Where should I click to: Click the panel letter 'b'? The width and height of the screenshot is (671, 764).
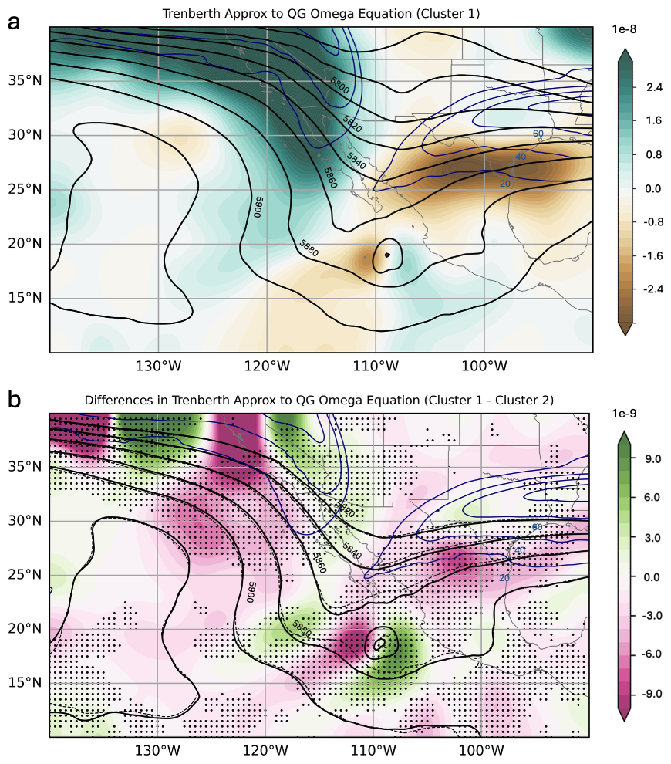(14, 400)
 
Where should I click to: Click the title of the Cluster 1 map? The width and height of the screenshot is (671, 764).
(321, 14)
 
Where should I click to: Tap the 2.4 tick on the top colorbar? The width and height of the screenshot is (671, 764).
(654, 88)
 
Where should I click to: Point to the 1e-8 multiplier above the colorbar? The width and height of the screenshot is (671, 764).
(635, 29)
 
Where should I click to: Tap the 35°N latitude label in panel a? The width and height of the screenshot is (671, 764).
(26, 80)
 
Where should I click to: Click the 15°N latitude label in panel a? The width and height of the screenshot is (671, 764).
(26, 299)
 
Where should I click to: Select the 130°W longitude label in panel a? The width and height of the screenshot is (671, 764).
(158, 365)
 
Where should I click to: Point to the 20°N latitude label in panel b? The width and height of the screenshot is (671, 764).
(26, 629)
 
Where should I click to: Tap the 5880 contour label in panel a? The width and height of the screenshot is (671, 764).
(309, 248)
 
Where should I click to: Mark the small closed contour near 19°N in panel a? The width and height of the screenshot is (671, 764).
(386, 254)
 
